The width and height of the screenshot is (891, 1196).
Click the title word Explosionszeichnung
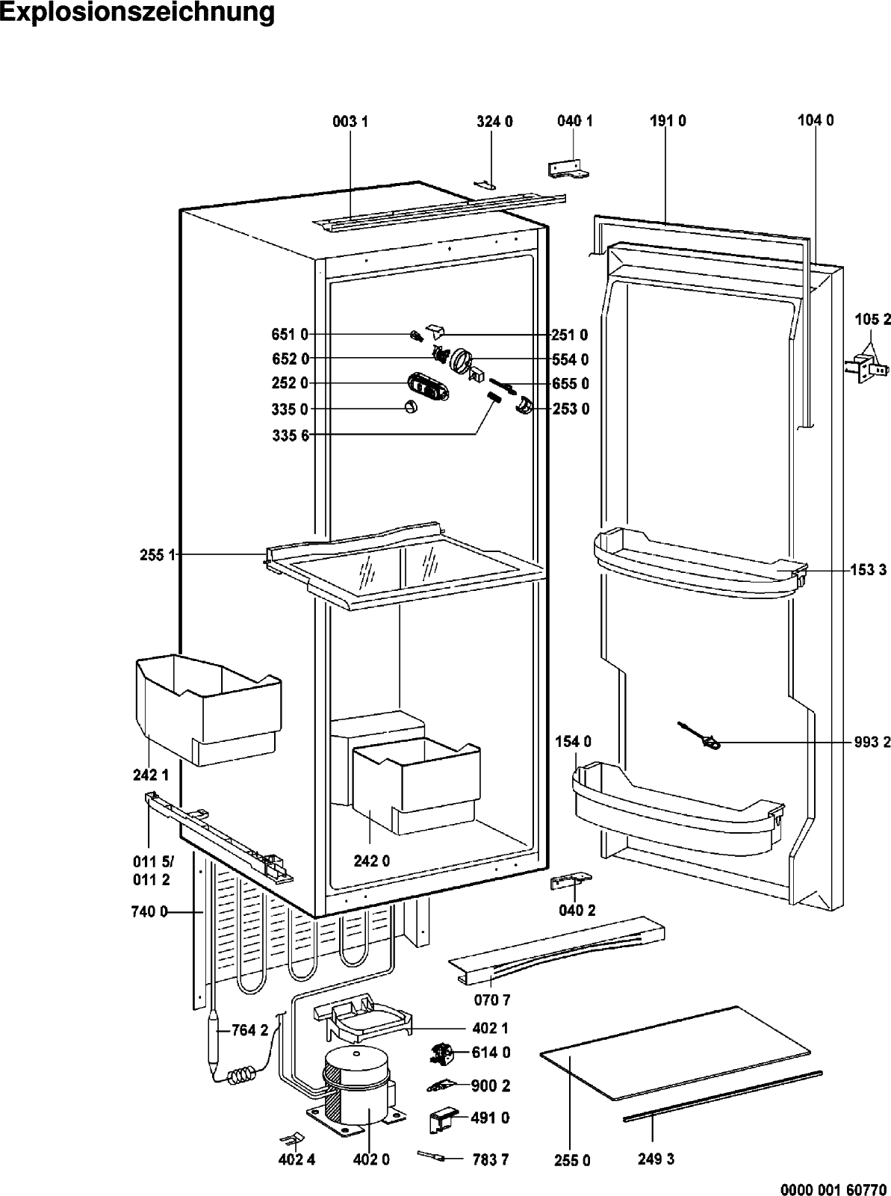[x=137, y=13]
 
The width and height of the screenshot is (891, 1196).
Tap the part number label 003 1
[x=350, y=122]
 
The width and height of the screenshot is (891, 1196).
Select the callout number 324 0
[x=494, y=122]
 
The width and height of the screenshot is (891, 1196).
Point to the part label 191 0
[x=668, y=121]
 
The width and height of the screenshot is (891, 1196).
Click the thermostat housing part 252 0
[x=428, y=386]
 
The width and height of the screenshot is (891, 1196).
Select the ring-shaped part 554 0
[x=461, y=362]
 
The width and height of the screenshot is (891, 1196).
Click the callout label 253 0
[x=571, y=409]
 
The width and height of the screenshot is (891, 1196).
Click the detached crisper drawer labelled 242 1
[x=208, y=710]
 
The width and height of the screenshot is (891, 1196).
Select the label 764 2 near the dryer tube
[x=249, y=1030]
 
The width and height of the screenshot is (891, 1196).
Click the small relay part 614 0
[x=441, y=1053]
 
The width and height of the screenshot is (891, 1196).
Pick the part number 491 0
[x=490, y=1118]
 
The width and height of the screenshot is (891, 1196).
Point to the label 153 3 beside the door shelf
[x=869, y=570]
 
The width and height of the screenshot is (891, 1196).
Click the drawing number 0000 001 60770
[x=833, y=1186]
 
